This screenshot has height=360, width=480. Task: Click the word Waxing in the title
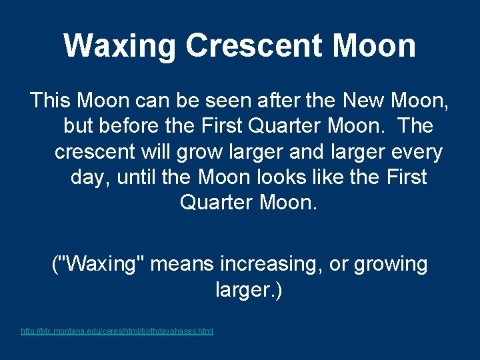pyautogui.click(x=121, y=46)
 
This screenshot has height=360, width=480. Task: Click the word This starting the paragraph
pyautogui.click(x=51, y=101)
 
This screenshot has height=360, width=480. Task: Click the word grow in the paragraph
pyautogui.click(x=199, y=152)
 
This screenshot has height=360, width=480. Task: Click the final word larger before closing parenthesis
pyautogui.click(x=242, y=291)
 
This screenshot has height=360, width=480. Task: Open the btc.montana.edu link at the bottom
pyautogui.click(x=117, y=331)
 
